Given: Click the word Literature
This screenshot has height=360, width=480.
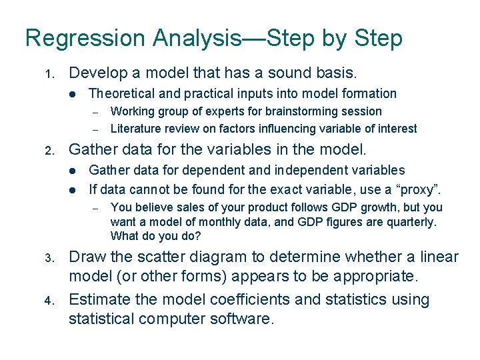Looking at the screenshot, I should [x=134, y=129].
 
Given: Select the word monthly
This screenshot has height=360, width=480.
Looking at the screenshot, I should [x=211, y=222].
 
